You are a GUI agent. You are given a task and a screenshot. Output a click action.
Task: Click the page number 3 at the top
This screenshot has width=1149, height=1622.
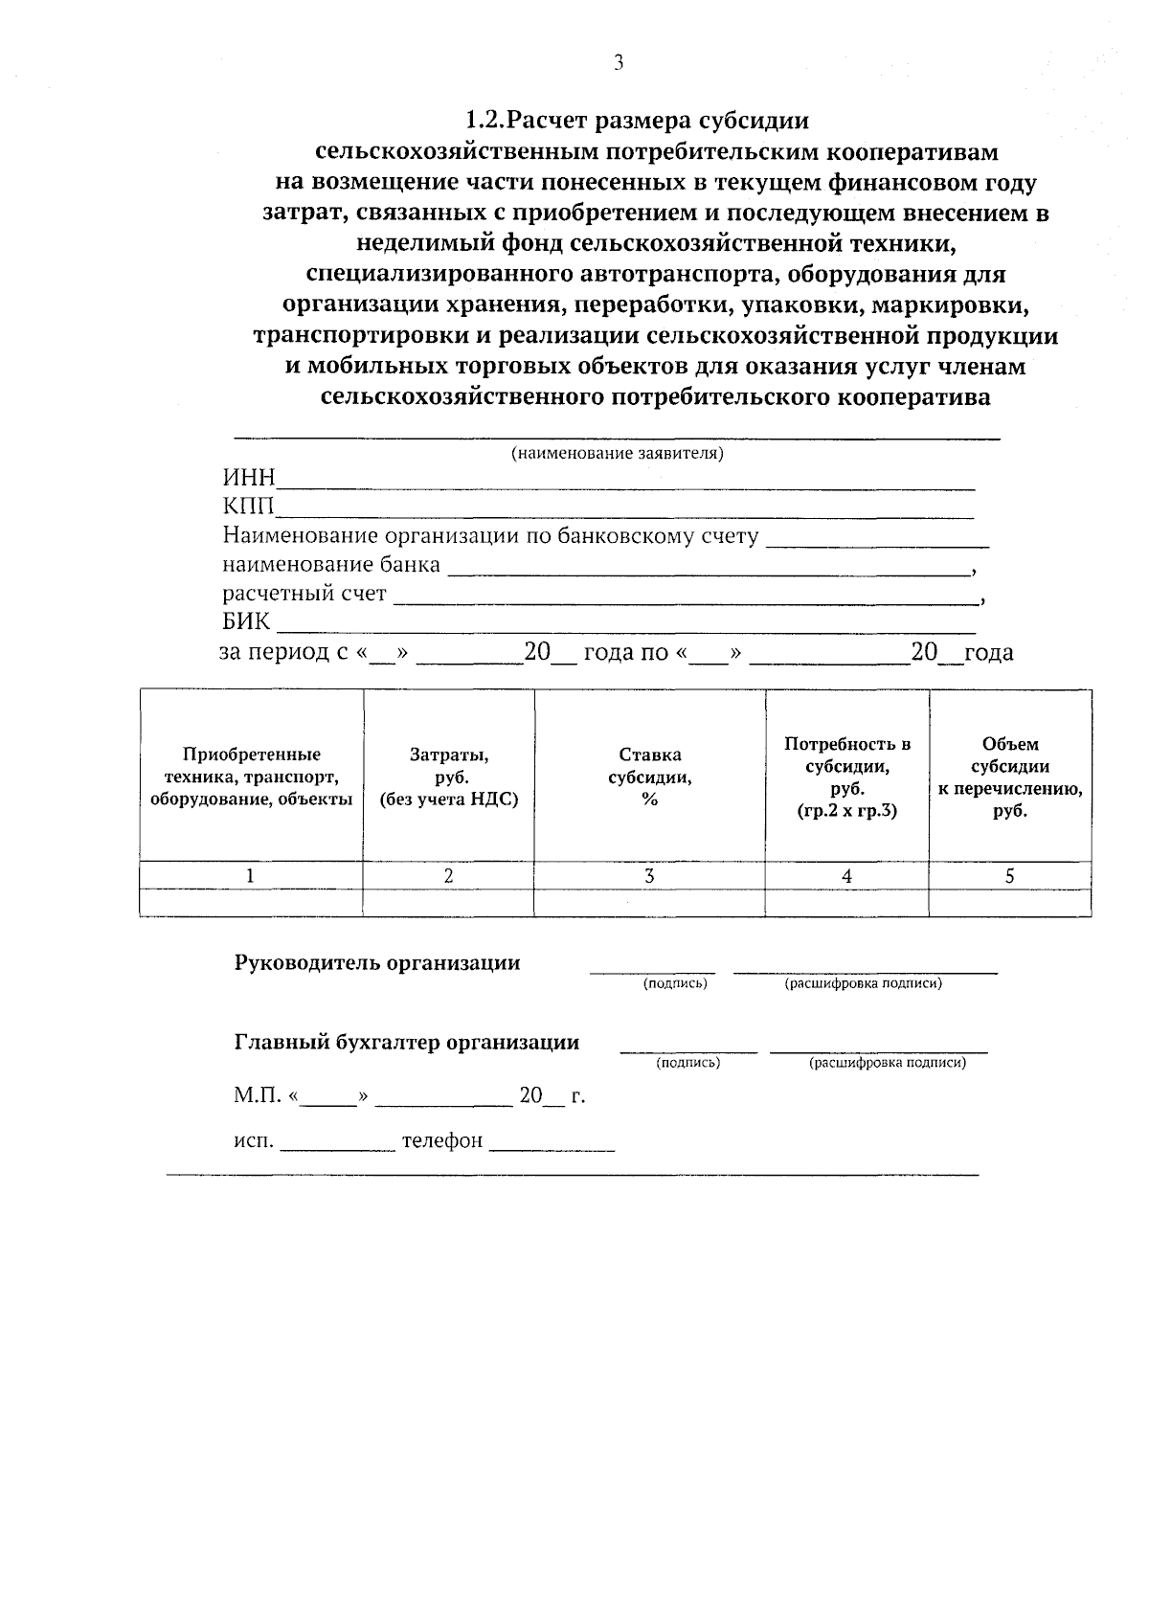tap(618, 63)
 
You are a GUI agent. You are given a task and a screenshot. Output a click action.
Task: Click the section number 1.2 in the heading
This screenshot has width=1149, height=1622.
tap(484, 121)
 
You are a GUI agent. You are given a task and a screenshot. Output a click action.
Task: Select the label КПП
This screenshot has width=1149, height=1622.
tap(248, 507)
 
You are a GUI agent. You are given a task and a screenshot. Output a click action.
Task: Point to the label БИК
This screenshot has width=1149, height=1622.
tap(246, 622)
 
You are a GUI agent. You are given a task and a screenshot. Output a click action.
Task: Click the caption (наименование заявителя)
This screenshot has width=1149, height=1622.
tap(617, 454)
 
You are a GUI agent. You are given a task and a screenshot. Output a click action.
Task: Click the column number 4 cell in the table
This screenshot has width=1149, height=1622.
tap(846, 875)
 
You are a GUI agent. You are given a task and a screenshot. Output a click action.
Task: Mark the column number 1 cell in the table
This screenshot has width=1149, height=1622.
tap(251, 875)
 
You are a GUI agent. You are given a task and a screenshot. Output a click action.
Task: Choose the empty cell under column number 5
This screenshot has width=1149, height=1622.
tap(1010, 903)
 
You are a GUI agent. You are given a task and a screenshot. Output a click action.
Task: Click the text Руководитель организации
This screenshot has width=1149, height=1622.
tap(377, 963)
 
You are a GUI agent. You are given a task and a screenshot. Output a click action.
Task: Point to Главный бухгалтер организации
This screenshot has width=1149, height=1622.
tap(407, 1043)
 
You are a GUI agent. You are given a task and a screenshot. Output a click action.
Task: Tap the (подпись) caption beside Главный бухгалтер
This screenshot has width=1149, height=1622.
tap(687, 1063)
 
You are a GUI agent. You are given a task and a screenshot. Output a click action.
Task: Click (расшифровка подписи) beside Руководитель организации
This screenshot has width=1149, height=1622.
tap(863, 983)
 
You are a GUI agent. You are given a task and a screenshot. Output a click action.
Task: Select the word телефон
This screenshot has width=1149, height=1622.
tap(441, 1141)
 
